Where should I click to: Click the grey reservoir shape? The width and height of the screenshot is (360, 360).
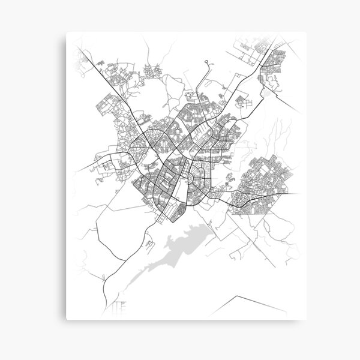180,246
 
